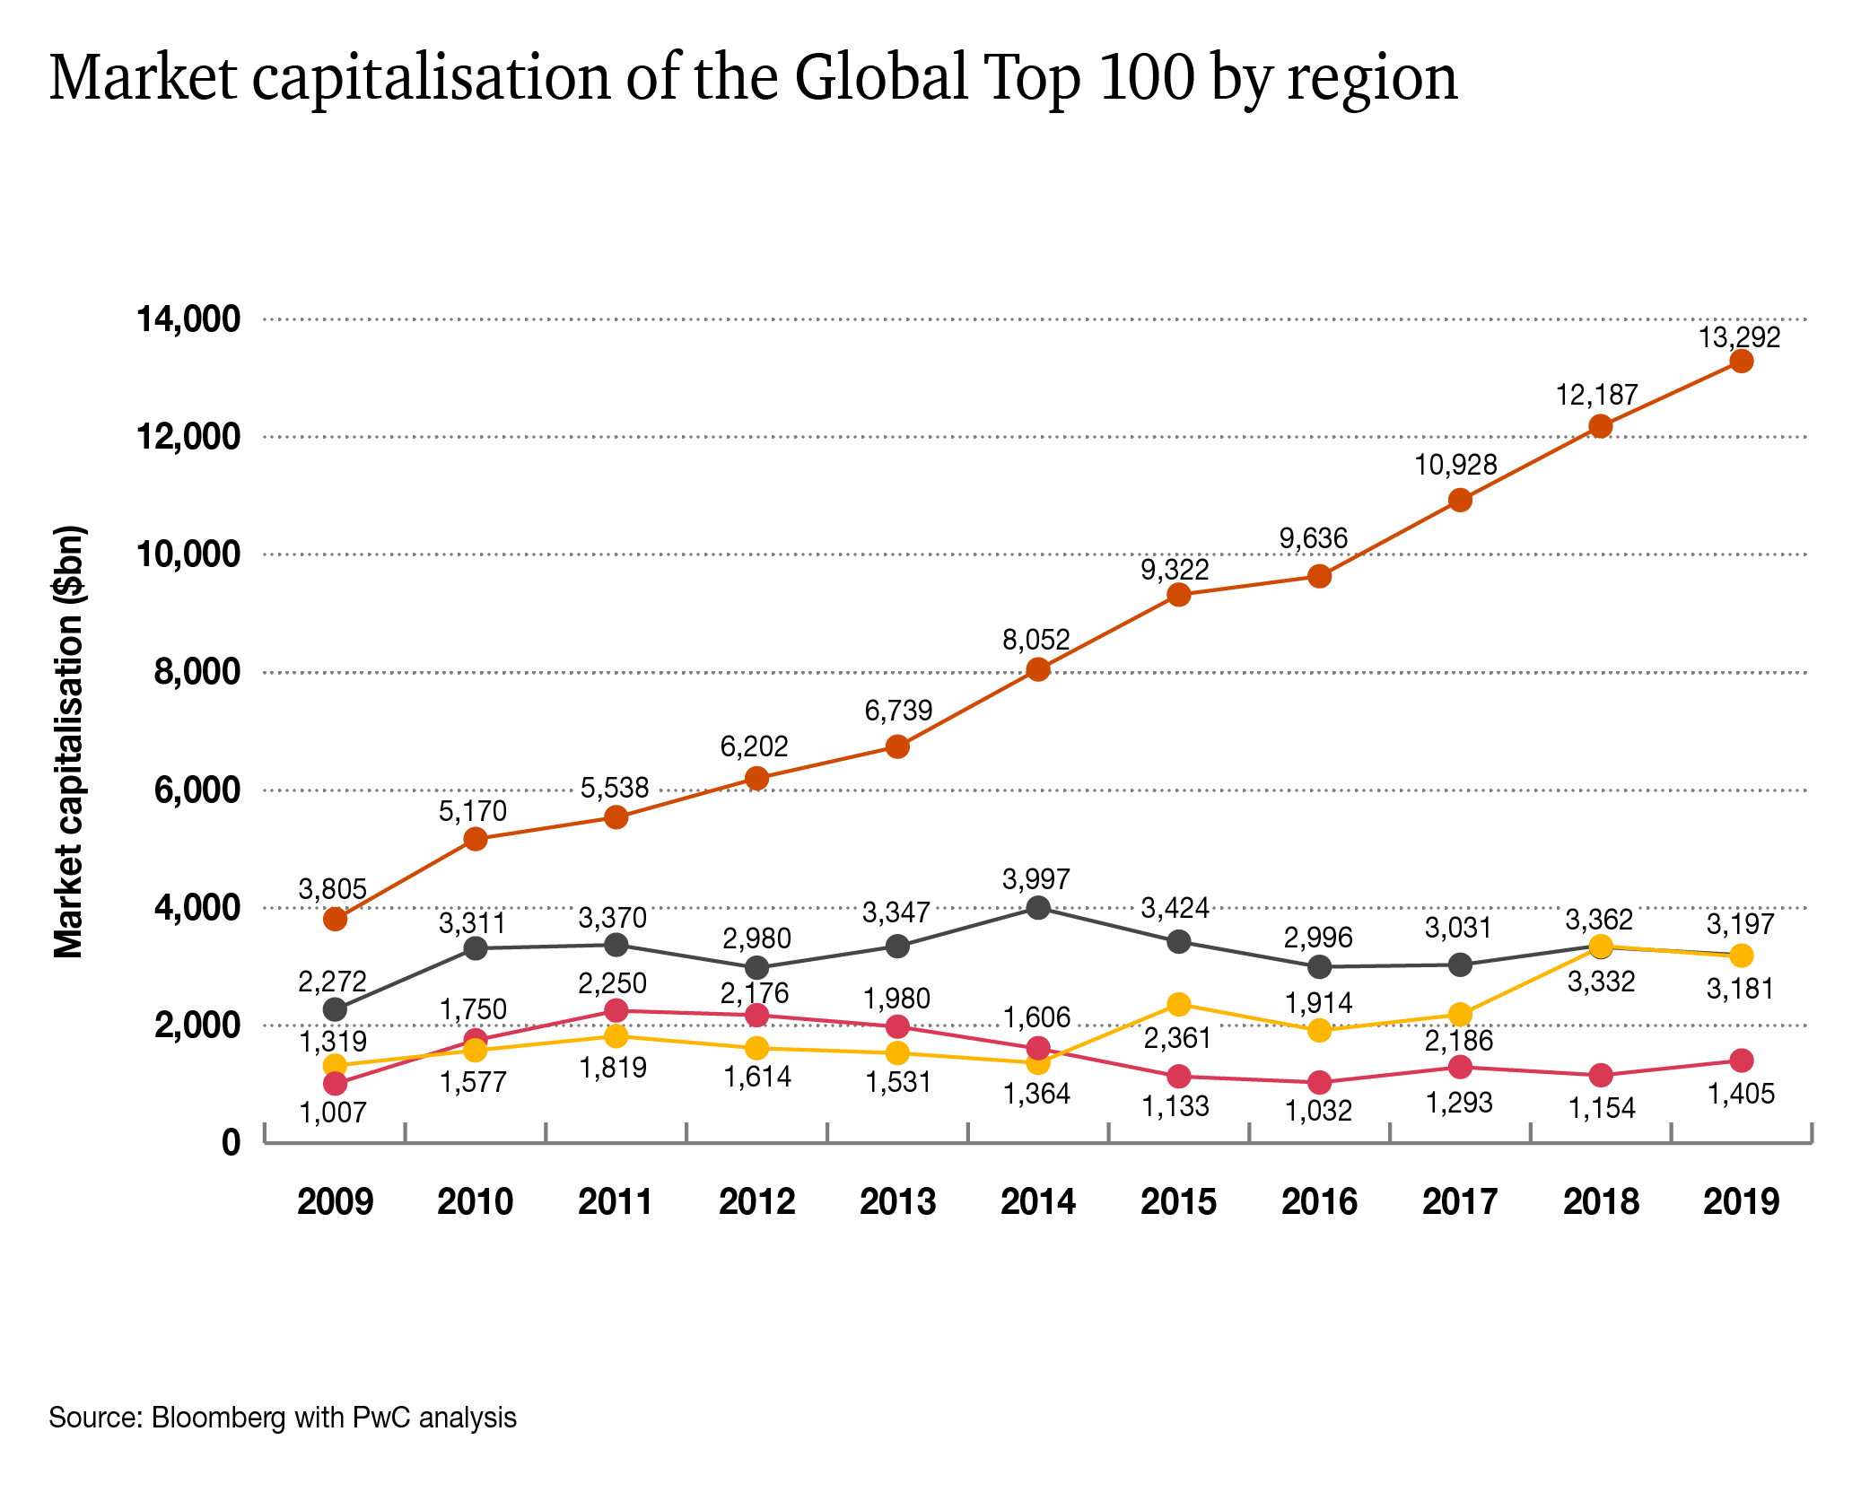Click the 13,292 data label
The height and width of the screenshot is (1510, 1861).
[1739, 337]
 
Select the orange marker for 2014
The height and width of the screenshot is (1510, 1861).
[1038, 669]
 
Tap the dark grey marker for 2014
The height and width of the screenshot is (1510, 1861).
[1038, 908]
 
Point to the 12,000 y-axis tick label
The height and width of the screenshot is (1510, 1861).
[188, 437]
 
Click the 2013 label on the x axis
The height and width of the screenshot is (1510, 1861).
[897, 1201]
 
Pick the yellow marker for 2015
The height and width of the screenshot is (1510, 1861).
[1179, 1004]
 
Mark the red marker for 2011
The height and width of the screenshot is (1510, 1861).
[616, 1011]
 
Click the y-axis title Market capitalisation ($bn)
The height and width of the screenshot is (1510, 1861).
[68, 741]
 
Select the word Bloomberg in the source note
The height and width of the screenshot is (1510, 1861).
[218, 1418]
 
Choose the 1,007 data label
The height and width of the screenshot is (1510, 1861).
[333, 1113]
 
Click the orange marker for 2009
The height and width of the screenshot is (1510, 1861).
[336, 919]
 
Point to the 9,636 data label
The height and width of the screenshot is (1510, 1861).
[1314, 538]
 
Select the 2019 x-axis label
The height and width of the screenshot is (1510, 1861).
[1741, 1201]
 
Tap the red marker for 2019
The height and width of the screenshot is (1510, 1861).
[1742, 1060]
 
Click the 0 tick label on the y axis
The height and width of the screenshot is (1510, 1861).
[232, 1143]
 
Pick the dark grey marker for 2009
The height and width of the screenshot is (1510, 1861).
[336, 1009]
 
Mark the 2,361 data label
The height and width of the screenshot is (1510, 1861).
[1177, 1038]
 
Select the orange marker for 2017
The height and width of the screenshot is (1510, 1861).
[1460, 500]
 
